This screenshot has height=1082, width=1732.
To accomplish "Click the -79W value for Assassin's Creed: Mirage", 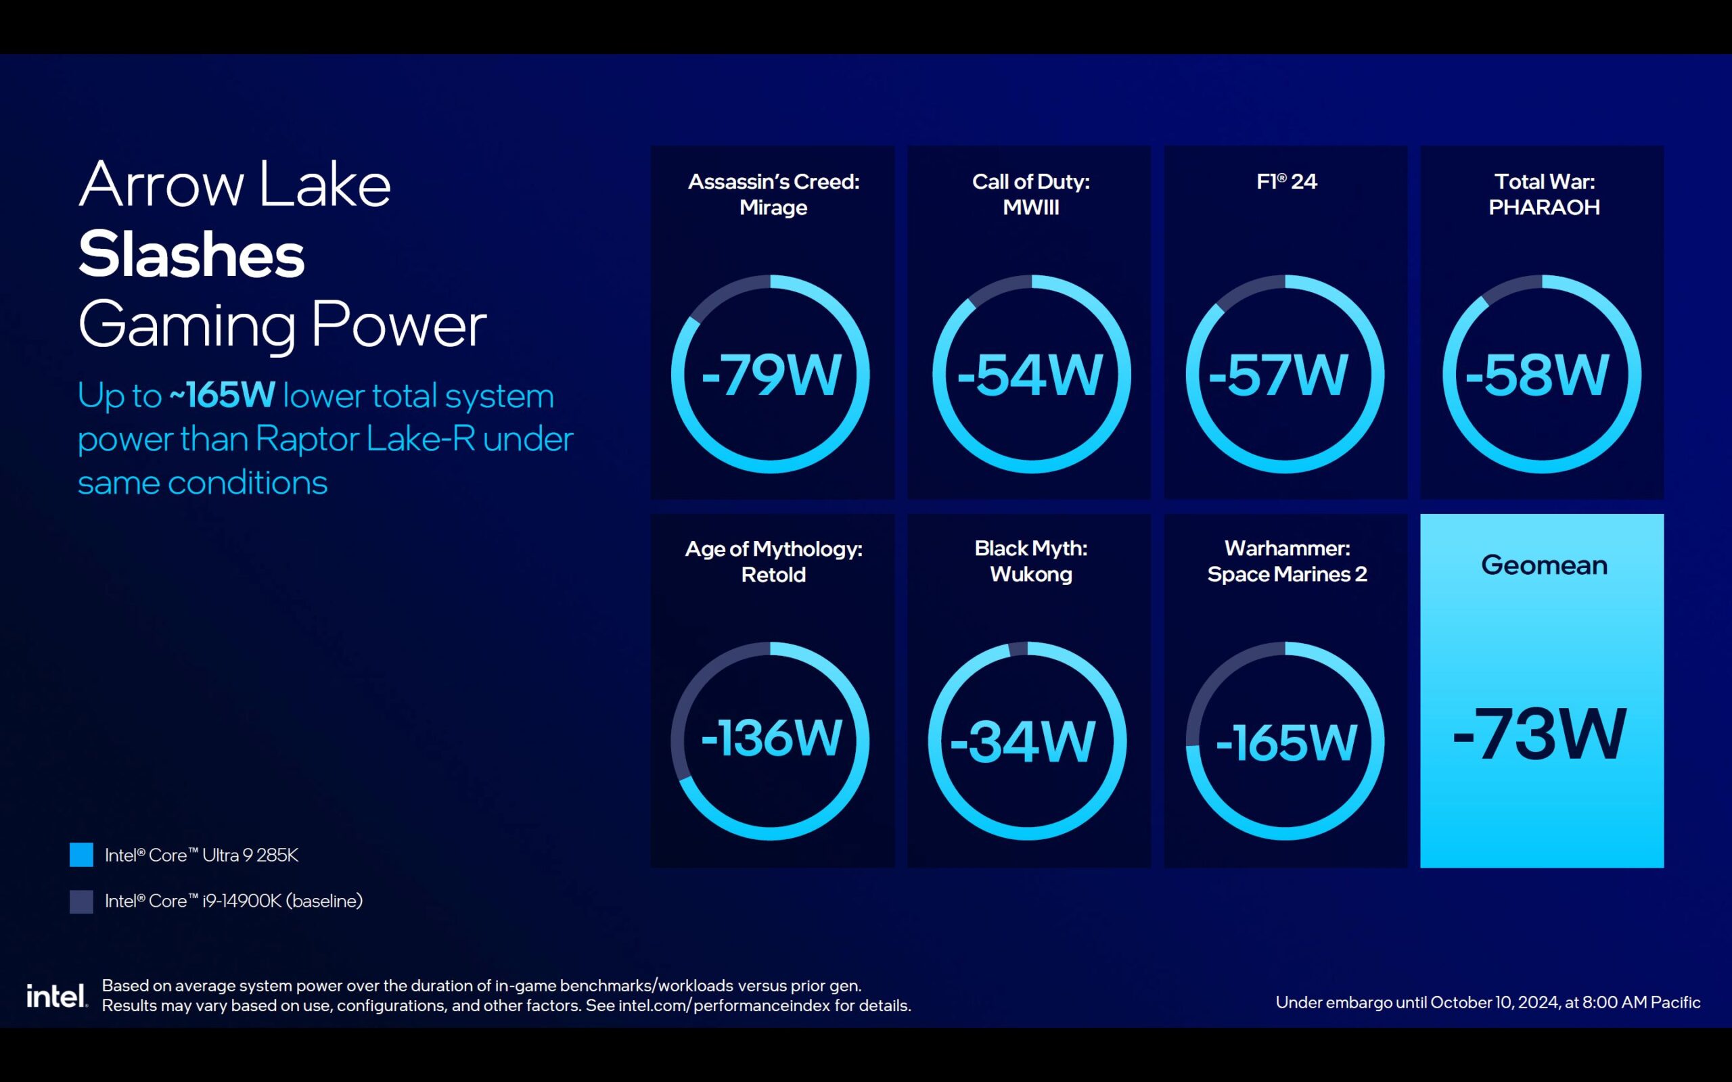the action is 771,375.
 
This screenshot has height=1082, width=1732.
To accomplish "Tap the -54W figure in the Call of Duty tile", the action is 1030,375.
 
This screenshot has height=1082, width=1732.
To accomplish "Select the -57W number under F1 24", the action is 1278,375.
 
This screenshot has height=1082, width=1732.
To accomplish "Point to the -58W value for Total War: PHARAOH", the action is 1537,375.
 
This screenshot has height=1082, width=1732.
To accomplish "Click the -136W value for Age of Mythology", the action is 771,738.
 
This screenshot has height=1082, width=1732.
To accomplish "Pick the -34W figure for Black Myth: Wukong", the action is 1023,742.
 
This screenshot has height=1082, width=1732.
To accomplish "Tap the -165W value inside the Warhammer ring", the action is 1286,742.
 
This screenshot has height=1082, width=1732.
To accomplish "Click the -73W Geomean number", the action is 1539,734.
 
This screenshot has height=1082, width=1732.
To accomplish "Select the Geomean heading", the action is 1544,565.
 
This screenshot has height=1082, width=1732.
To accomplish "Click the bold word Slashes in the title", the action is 191,255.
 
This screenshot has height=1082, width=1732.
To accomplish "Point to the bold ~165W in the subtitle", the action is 223,395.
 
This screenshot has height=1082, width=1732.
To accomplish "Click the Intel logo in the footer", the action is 57,995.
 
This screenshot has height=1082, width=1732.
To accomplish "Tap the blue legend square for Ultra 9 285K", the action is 81,854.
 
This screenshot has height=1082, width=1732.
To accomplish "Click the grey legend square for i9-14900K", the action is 81,901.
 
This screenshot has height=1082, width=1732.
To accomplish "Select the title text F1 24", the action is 1286,181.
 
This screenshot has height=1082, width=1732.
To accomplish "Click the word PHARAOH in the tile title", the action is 1544,208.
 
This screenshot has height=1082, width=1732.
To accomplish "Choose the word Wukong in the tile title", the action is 1030,575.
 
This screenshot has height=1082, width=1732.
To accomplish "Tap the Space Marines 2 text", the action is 1287,575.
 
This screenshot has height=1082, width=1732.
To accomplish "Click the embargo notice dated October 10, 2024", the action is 1488,1002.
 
